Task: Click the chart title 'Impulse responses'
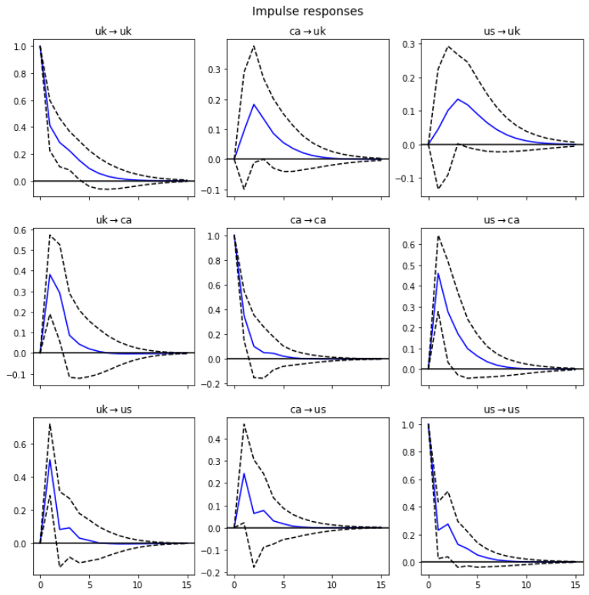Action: pyautogui.click(x=308, y=12)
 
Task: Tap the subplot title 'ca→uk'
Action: pyautogui.click(x=308, y=32)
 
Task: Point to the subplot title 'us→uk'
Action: pyautogui.click(x=501, y=32)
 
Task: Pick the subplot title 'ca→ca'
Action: pyautogui.click(x=308, y=220)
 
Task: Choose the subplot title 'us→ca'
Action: pyautogui.click(x=501, y=220)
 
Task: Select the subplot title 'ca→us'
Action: pyautogui.click(x=308, y=409)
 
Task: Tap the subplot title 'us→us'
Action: pyautogui.click(x=501, y=409)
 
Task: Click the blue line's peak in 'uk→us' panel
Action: pyautogui.click(x=50, y=460)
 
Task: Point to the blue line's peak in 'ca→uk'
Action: pyautogui.click(x=254, y=104)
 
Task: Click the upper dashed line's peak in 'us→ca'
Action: pyautogui.click(x=438, y=236)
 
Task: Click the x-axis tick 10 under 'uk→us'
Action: pyautogui.click(x=138, y=585)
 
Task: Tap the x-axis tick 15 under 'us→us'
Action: pyautogui.click(x=575, y=585)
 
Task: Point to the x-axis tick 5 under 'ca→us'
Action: pyautogui.click(x=284, y=585)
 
